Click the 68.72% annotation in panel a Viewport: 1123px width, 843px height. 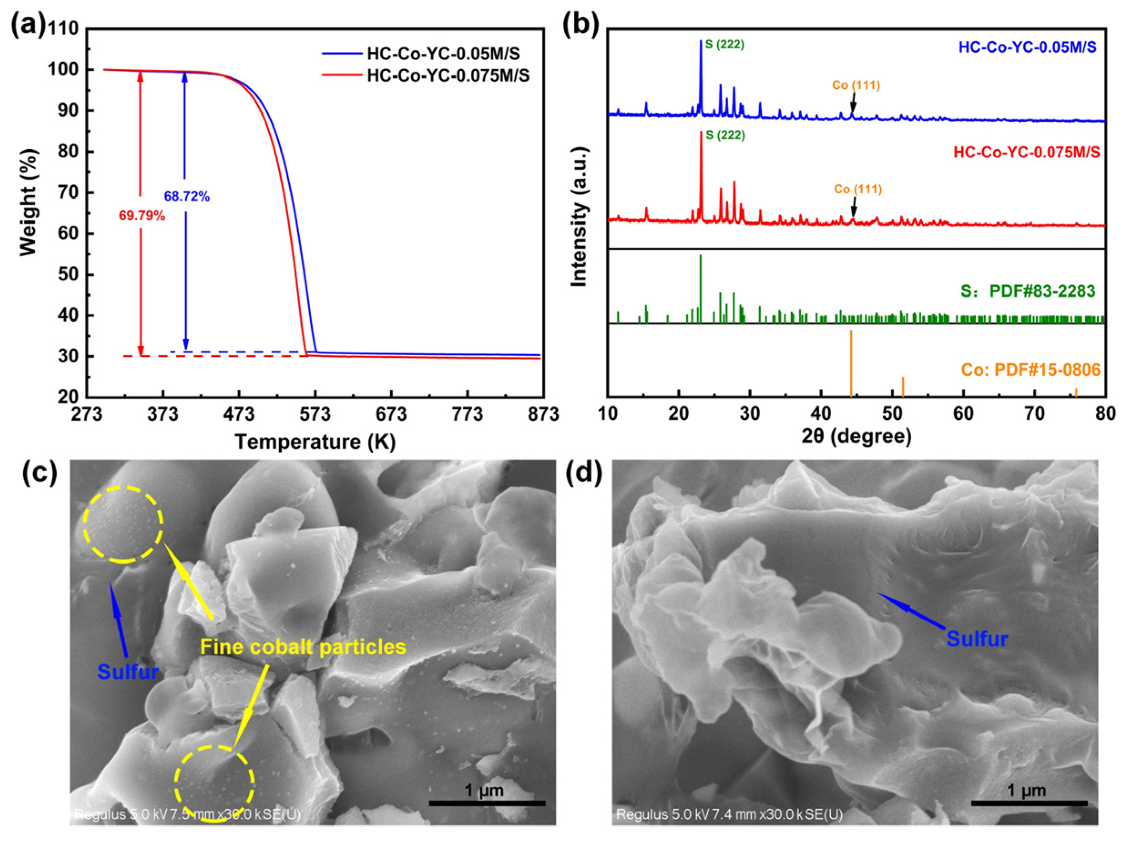tap(186, 197)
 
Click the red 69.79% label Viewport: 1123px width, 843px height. tap(142, 216)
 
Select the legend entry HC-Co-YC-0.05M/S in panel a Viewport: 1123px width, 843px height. tap(443, 54)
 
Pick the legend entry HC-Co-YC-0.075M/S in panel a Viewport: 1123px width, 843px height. tap(448, 76)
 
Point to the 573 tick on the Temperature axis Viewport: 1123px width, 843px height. tap(315, 414)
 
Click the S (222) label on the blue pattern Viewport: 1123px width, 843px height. tap(725, 45)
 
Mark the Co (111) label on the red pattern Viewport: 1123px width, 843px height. tap(858, 190)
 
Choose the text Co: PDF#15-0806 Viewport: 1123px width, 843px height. tap(1030, 369)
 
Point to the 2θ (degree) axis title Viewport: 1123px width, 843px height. tap(857, 436)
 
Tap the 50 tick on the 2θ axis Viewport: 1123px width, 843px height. tap(892, 414)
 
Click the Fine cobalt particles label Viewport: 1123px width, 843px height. tap(303, 647)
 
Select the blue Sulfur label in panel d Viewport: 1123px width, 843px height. tap(977, 638)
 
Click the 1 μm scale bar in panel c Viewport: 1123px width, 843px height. tap(486, 802)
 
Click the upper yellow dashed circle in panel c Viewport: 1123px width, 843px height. tap(123, 524)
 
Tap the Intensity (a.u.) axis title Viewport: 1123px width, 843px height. tap(579, 217)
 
